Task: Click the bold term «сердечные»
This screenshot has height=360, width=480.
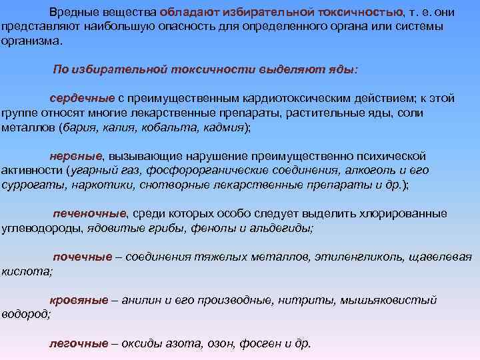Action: pyautogui.click(x=77, y=98)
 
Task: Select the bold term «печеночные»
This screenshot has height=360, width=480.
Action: pyautogui.click(x=89, y=213)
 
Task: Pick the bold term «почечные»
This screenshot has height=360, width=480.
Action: pyautogui.click(x=82, y=257)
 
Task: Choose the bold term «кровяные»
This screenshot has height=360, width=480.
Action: pyautogui.click(x=79, y=300)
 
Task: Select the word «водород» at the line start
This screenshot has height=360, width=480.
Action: pyautogui.click(x=25, y=313)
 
